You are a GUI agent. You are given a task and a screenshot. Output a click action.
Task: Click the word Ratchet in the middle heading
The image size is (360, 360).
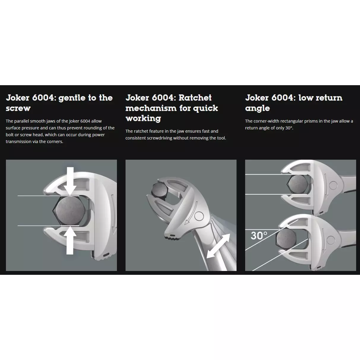[195, 98]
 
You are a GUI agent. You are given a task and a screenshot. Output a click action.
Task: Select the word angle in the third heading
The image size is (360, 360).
[257, 108]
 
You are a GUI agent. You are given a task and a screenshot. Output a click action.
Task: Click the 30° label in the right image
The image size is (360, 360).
[259, 235]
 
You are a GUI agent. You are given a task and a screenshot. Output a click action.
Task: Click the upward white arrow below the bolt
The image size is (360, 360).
[70, 240]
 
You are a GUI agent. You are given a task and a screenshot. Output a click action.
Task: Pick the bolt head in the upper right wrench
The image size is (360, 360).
[297, 184]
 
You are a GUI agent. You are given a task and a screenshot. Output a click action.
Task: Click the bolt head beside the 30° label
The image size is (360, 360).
[286, 239]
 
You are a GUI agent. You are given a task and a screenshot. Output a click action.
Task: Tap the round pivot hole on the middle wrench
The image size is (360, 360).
[199, 216]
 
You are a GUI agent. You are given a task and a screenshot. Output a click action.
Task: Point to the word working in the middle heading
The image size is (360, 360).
[143, 118]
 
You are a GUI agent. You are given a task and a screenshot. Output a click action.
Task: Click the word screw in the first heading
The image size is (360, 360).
[18, 108]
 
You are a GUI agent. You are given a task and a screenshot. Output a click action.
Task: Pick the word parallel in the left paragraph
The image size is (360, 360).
[21, 121]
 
